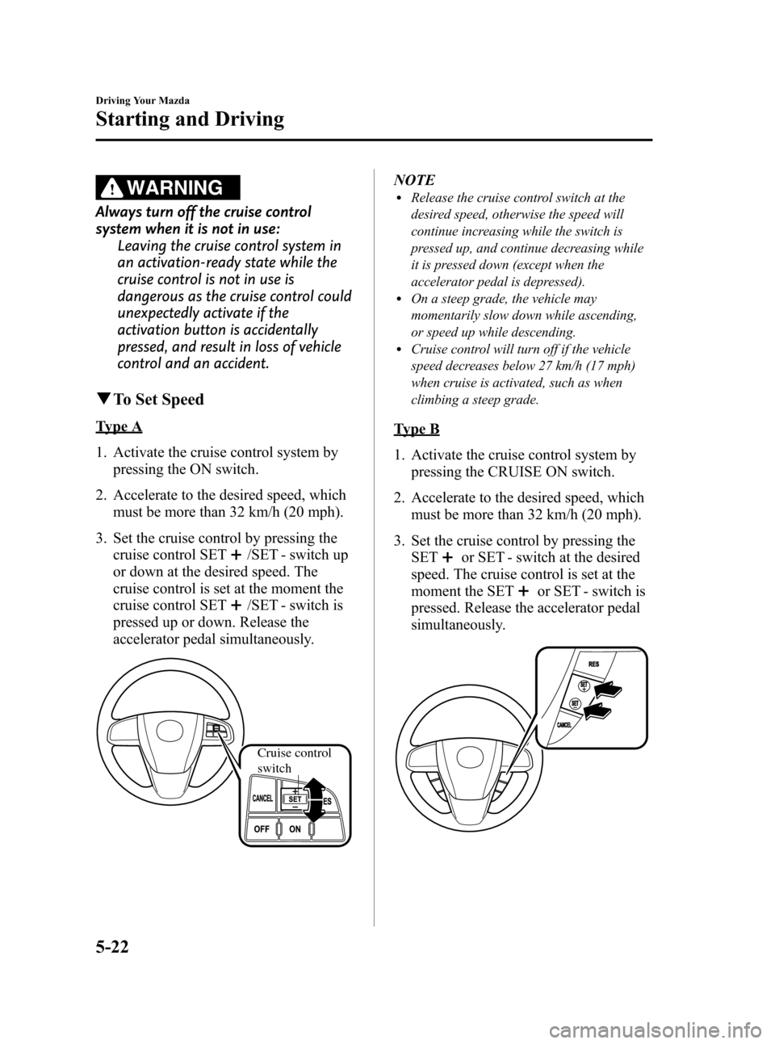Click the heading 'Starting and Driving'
[x=190, y=119]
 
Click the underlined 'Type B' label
[x=417, y=429]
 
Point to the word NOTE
[x=414, y=179]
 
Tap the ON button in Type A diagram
[x=295, y=829]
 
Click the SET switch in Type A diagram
[x=295, y=799]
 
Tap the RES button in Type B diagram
[x=593, y=665]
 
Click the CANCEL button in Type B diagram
[x=564, y=725]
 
